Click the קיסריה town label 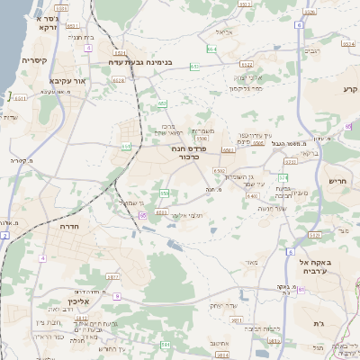[x=34, y=60]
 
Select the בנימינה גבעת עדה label [x=152, y=63]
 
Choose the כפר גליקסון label [x=245, y=89]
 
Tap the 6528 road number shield [x=119, y=80]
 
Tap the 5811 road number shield [x=237, y=319]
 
